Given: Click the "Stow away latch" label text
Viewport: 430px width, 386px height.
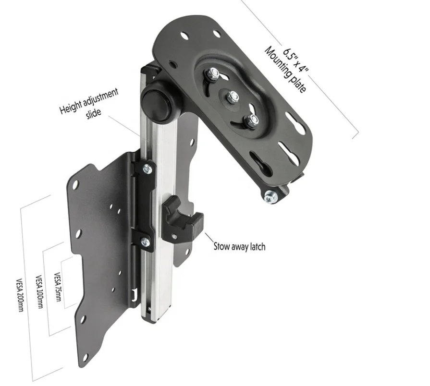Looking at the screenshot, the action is [x=239, y=247].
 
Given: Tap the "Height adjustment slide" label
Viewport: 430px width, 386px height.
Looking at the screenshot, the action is [x=89, y=104].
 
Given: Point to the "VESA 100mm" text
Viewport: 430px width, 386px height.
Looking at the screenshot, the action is [x=39, y=291].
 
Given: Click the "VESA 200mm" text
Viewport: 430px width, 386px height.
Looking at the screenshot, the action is [x=20, y=295].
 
